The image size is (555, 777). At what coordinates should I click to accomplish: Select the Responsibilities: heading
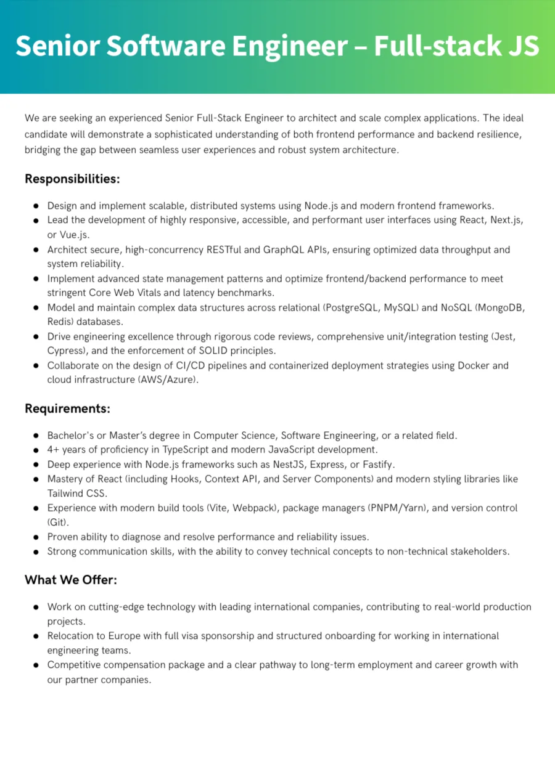tap(72, 179)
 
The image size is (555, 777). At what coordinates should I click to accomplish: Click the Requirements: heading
tap(67, 409)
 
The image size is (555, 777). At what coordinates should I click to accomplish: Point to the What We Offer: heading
tap(71, 580)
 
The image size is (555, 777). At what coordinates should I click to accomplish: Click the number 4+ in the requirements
tap(53, 450)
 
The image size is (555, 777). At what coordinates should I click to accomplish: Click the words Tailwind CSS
tap(78, 494)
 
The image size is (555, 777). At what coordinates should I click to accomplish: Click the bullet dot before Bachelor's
tap(36, 436)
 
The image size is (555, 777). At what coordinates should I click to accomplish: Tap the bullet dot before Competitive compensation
tap(36, 665)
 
